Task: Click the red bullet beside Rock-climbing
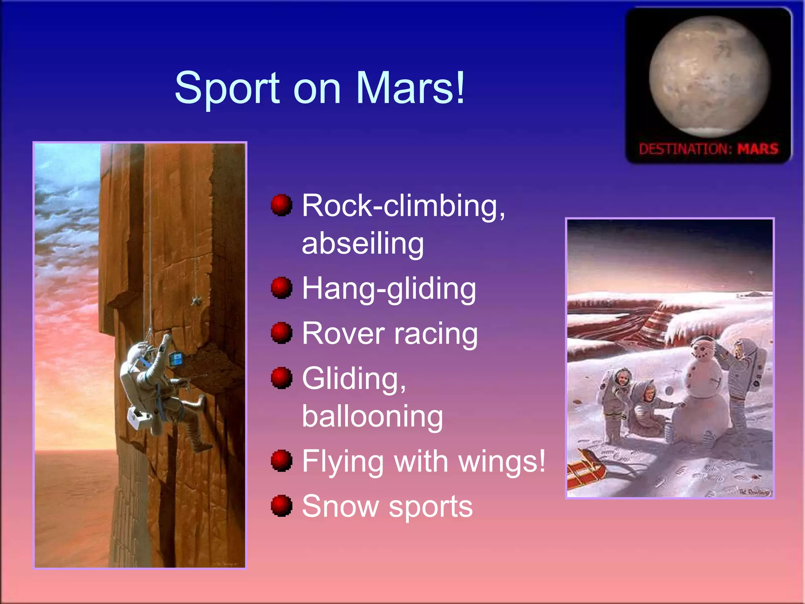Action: point(281,205)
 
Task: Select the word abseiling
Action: point(363,243)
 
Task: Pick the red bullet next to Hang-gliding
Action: point(281,288)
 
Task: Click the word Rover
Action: point(343,333)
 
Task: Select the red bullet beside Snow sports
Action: point(281,506)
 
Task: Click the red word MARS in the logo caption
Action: point(757,149)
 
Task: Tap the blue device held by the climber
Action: point(176,359)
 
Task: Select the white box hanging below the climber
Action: point(137,418)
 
